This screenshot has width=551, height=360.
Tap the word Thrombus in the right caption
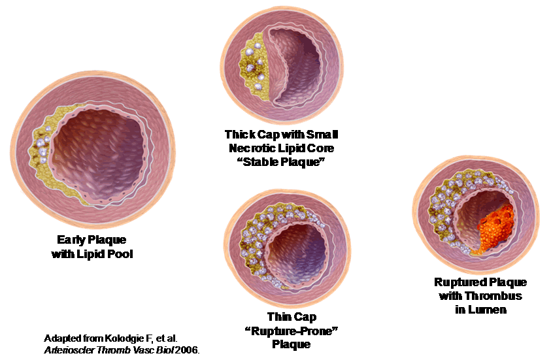[498, 296]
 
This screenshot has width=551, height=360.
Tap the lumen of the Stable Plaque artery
[307, 72]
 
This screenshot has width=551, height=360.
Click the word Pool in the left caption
[120, 254]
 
